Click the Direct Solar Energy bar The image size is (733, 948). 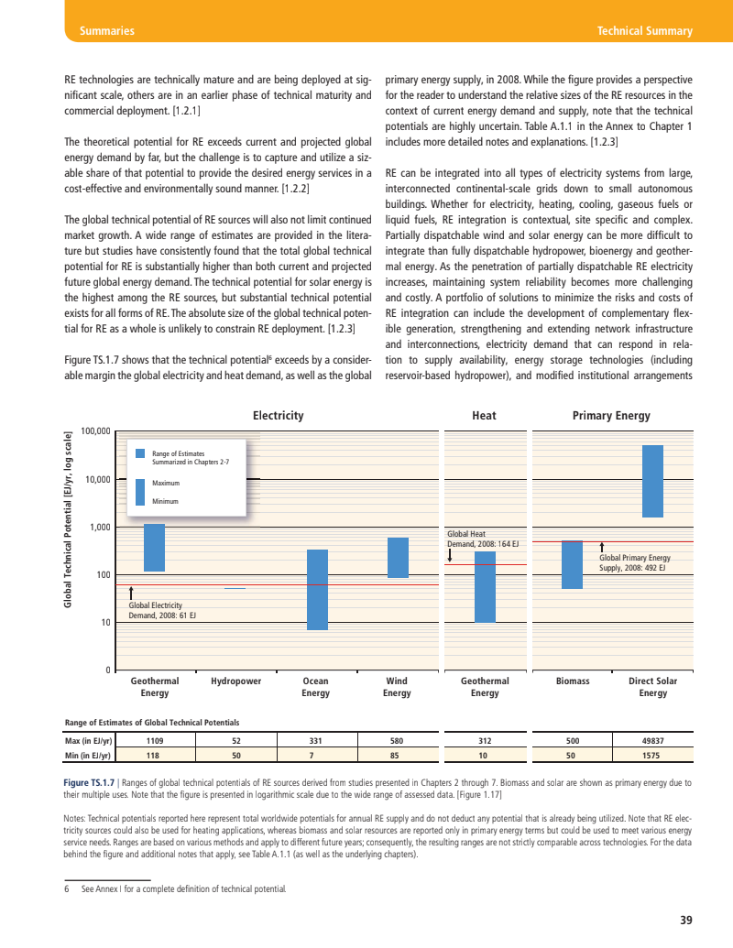[652, 481]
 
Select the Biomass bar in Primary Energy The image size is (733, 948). [572, 564]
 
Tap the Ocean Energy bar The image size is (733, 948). [317, 590]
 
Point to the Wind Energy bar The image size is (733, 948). [398, 558]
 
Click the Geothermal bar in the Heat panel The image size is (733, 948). [485, 587]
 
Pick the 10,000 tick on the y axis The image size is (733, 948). [96, 479]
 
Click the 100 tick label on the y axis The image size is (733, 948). [103, 575]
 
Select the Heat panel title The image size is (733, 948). [484, 416]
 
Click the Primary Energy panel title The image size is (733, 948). [611, 416]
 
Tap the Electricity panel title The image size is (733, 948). [278, 416]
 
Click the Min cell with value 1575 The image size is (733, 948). [652, 756]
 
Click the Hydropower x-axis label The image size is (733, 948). [235, 681]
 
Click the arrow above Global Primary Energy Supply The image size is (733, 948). [601, 548]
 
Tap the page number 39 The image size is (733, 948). [686, 920]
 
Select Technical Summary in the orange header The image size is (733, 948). [644, 31]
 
